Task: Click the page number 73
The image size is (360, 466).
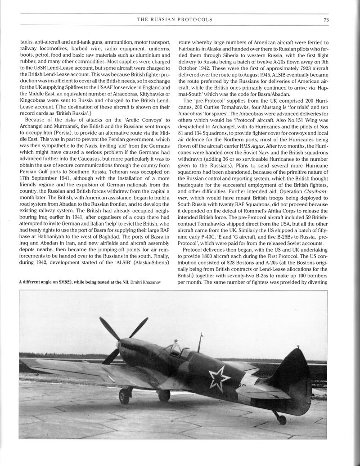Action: click(x=327, y=19)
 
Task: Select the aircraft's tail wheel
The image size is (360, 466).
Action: click(x=282, y=420)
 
